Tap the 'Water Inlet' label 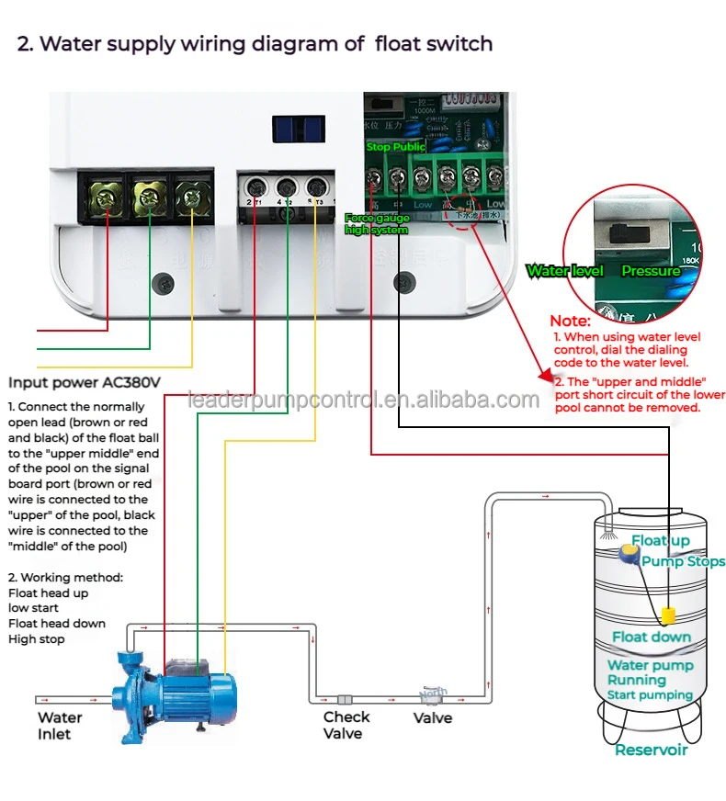click(60, 726)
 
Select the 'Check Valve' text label click(346, 725)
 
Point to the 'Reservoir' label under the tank click(651, 750)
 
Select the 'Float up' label click(661, 541)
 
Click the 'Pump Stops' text click(683, 561)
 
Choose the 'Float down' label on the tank click(652, 637)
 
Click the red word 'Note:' click(570, 322)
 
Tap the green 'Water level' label click(564, 271)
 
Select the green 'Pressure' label click(650, 271)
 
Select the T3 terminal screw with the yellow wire click(315, 186)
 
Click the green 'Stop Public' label click(395, 147)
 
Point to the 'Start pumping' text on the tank click(650, 695)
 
